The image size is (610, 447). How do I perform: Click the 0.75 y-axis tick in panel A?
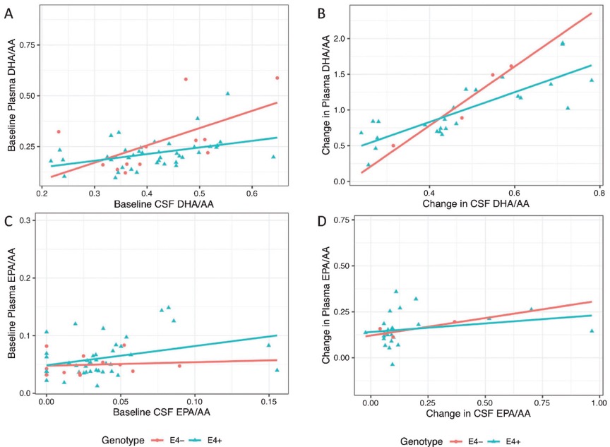point(25,45)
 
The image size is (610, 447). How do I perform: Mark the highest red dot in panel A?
point(277,78)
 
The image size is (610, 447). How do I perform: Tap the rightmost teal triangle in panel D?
point(592,330)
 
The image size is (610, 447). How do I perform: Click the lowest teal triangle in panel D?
point(391,364)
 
